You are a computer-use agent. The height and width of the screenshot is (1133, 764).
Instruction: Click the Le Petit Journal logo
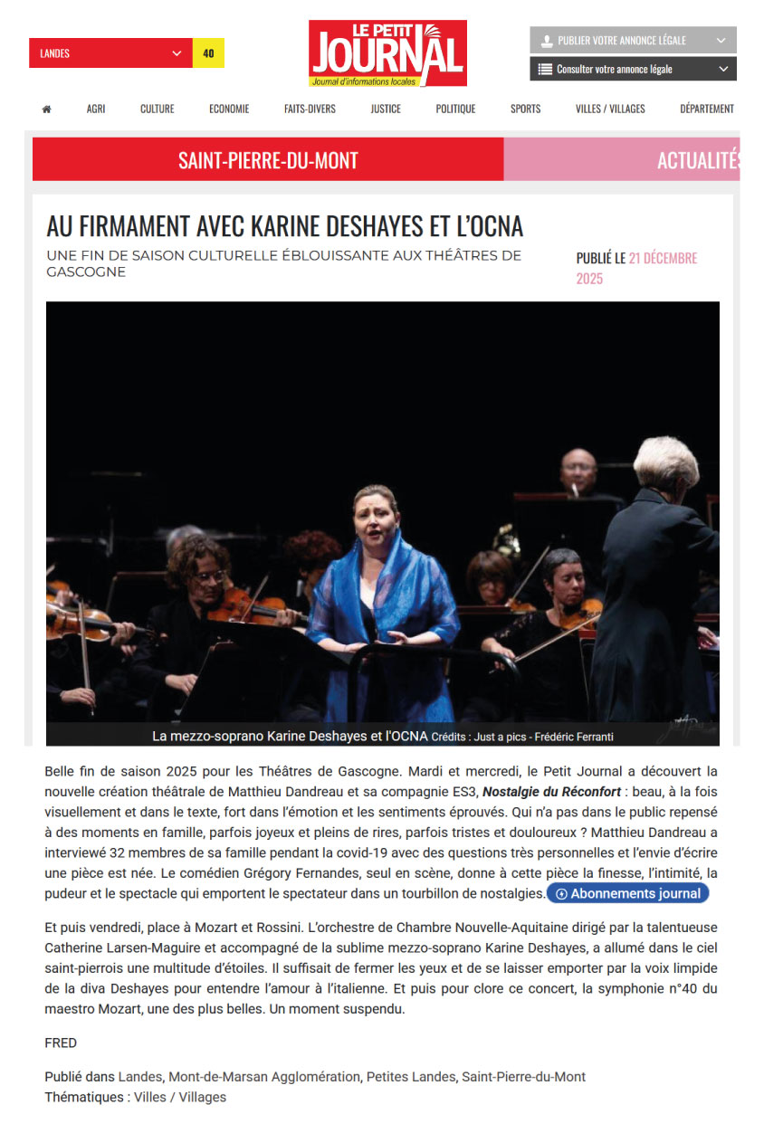point(387,53)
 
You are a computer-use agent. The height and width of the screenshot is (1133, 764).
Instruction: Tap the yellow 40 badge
point(208,53)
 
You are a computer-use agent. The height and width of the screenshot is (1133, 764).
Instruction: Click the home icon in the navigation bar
point(46,109)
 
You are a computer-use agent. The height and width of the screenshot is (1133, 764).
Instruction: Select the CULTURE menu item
point(157,109)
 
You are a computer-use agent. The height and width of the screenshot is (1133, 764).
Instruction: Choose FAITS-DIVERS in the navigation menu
point(310,109)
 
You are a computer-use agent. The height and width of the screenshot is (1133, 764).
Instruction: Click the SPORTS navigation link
point(525,109)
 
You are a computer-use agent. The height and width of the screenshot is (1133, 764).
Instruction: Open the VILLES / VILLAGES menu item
point(610,109)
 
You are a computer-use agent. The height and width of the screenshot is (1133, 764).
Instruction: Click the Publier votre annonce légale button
point(633,41)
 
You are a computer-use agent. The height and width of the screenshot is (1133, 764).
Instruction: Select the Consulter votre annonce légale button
point(633,69)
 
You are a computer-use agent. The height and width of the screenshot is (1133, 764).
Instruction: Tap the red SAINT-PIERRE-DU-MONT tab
point(268,161)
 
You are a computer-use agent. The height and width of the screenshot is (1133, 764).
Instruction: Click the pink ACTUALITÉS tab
point(698,161)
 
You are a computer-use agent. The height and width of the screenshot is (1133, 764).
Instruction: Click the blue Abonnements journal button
point(628,893)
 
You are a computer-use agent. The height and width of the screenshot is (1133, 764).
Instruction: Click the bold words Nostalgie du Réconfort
point(551,792)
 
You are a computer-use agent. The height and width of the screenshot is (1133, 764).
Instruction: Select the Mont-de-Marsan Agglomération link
point(264,1077)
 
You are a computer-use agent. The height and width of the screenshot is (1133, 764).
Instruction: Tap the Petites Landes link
point(410,1077)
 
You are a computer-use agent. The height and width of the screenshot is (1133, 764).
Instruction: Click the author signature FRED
point(61,1043)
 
